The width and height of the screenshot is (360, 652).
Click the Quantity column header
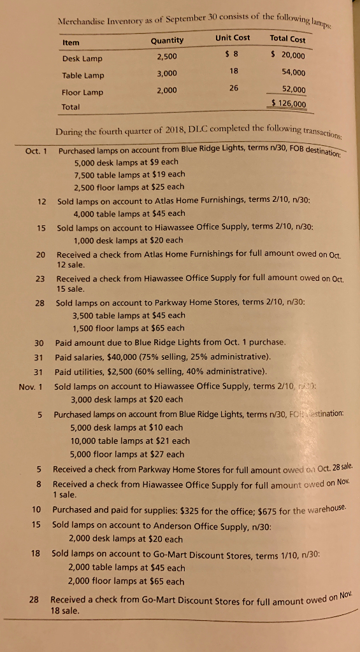[x=167, y=41]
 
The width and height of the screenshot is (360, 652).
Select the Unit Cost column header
[x=233, y=38]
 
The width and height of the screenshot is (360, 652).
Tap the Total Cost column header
[x=288, y=39]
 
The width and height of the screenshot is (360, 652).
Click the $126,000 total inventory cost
[x=289, y=104]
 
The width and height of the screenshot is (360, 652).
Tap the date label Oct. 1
[x=34, y=152]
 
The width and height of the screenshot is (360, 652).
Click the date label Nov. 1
[x=31, y=386]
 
